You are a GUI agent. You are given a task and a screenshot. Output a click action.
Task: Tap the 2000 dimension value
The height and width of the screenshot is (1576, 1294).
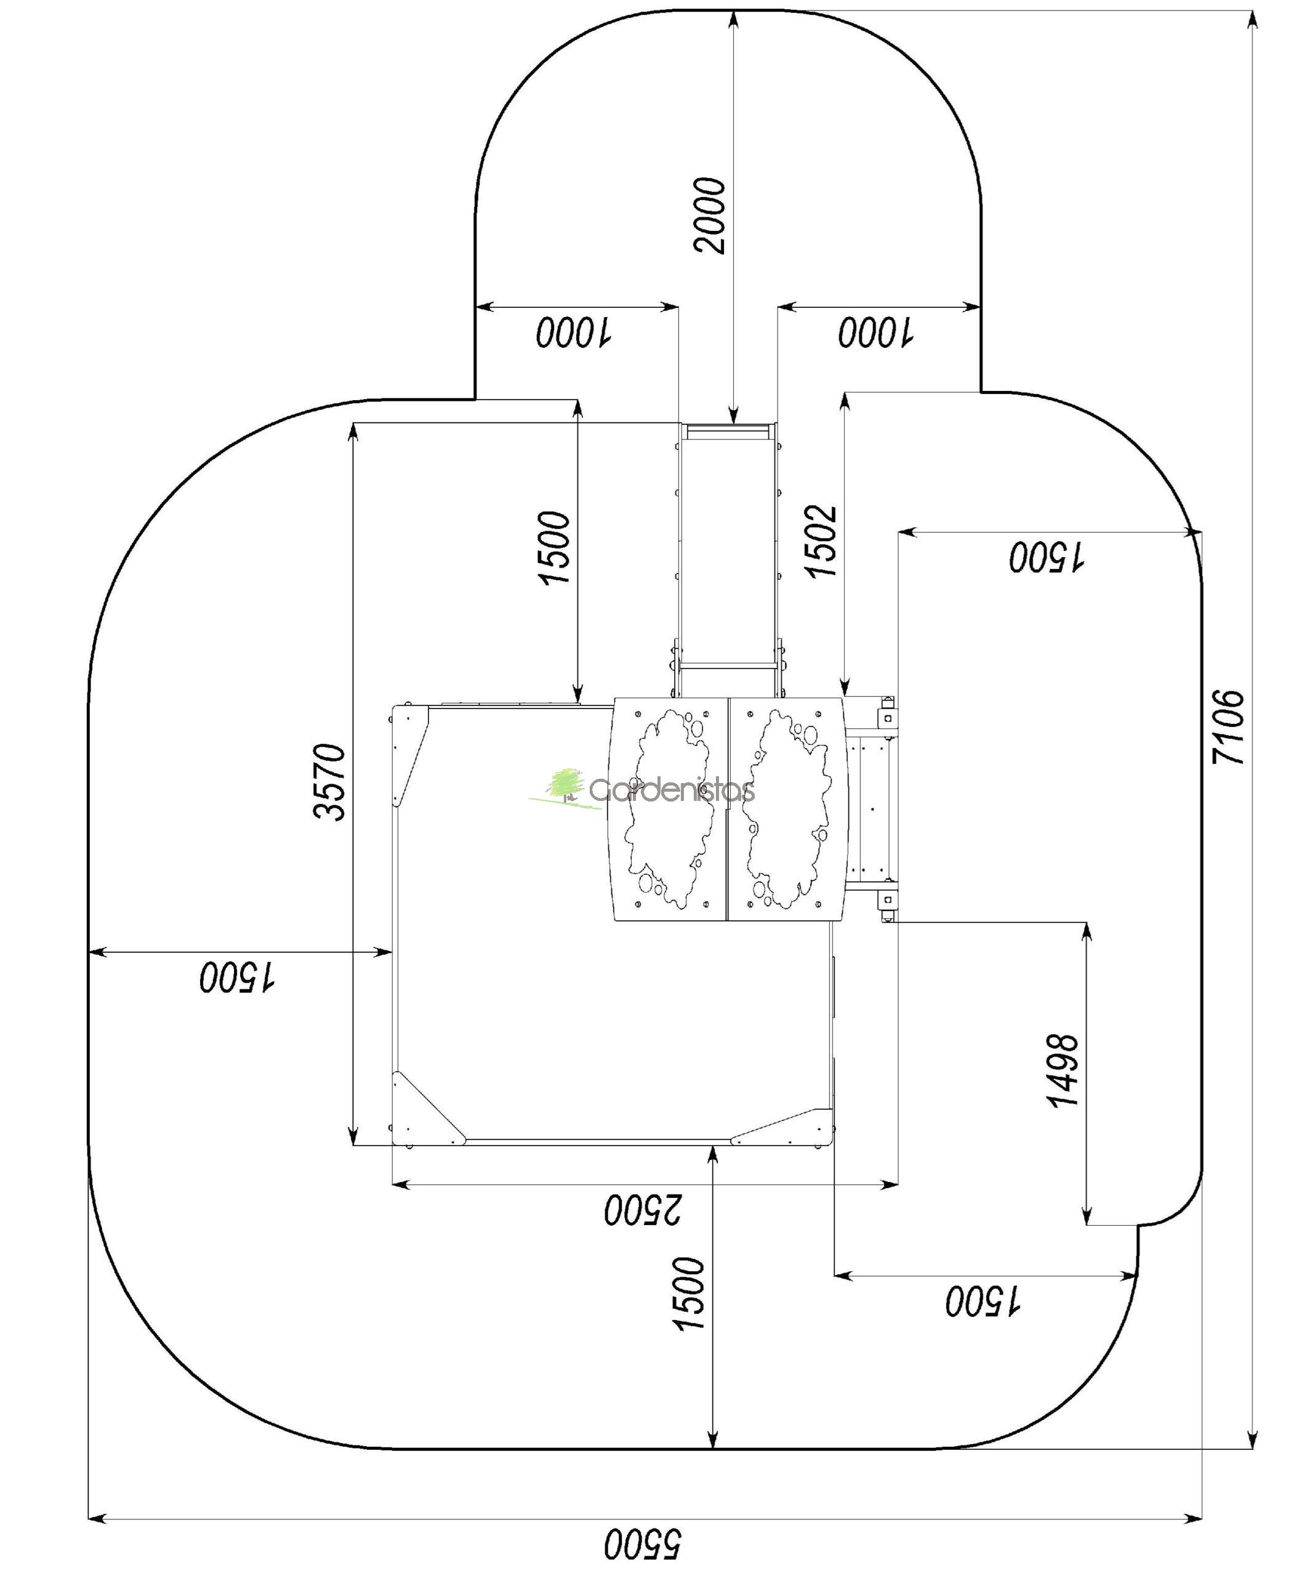point(708,215)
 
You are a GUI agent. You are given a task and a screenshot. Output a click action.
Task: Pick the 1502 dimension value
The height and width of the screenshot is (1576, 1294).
point(821,541)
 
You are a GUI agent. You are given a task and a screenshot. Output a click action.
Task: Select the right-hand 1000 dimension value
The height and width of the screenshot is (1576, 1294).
point(876,332)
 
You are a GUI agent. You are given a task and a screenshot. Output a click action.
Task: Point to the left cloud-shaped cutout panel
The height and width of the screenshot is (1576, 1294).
point(669,810)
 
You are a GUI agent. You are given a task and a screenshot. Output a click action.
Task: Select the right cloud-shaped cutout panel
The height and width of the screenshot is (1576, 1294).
point(789,810)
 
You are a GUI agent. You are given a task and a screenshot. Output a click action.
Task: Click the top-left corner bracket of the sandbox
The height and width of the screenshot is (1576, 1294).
point(409,755)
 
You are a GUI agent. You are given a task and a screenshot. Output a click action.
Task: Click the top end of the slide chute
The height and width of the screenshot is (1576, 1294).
point(728,432)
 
